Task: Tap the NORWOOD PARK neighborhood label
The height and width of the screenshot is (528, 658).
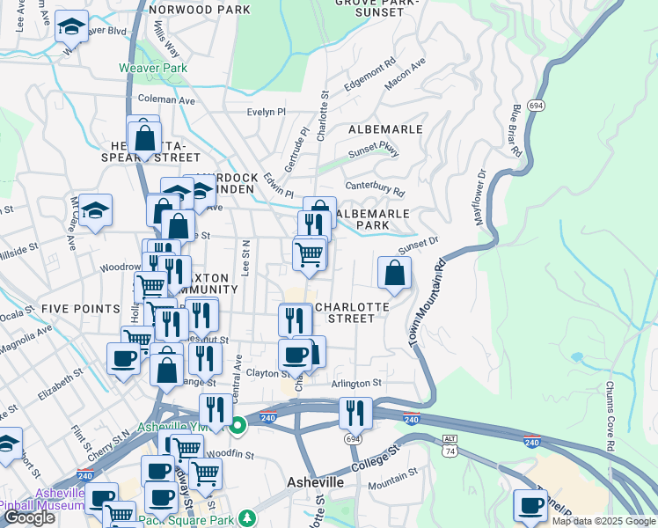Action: (x=200, y=10)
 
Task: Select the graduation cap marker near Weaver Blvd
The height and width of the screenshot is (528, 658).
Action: (x=71, y=28)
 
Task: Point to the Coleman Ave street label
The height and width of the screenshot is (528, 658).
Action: (x=166, y=100)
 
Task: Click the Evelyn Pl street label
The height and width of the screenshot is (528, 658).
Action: (x=267, y=113)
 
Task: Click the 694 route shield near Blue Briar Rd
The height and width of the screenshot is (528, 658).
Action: (x=535, y=106)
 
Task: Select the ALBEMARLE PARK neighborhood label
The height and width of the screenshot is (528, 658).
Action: (x=373, y=219)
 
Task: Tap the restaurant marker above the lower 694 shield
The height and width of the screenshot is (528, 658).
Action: (x=355, y=412)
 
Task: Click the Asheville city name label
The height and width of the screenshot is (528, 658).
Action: (x=316, y=483)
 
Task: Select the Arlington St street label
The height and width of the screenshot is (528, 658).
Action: (x=356, y=384)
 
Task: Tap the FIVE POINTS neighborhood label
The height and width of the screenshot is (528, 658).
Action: (x=79, y=309)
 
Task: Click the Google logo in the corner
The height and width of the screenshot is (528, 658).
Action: (x=29, y=517)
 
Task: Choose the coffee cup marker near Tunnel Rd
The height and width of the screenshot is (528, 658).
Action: (x=530, y=506)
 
